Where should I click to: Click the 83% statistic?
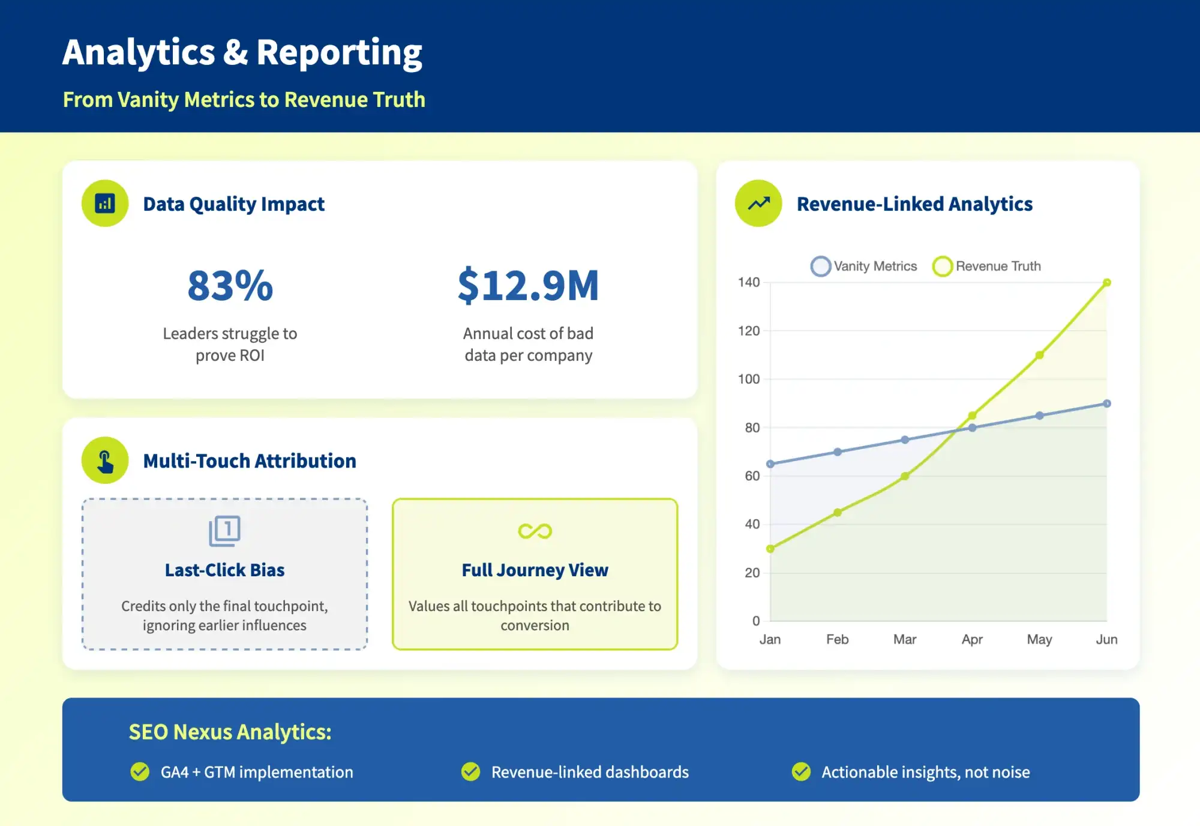coord(230,286)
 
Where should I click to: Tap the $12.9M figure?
coord(528,286)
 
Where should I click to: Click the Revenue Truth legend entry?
coord(987,266)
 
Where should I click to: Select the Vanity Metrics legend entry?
coord(864,266)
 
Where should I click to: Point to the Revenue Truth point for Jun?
coord(1107,282)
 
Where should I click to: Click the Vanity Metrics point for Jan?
coord(770,464)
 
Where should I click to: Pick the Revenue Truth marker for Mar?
coord(905,476)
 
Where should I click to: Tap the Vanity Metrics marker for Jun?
coord(1107,403)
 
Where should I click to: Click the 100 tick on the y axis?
coord(749,379)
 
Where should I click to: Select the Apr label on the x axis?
coord(972,639)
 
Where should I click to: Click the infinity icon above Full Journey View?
coord(535,531)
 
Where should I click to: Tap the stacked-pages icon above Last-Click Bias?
coord(224,531)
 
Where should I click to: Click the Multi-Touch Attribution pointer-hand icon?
coord(105,461)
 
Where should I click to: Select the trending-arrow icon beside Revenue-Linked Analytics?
coord(758,203)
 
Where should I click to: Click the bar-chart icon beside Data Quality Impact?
coord(105,203)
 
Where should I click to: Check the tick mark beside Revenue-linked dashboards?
coord(470,771)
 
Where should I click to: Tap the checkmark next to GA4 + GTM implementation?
coord(140,771)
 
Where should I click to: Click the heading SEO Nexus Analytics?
coord(230,732)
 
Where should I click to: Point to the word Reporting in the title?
coord(339,53)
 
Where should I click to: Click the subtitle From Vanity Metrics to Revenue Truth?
coord(244,100)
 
